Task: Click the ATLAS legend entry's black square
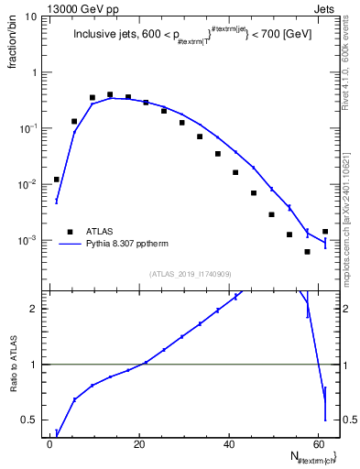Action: [68, 232]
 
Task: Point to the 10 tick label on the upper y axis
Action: [31, 16]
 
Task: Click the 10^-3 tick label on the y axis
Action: [30, 241]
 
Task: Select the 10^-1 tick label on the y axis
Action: [30, 129]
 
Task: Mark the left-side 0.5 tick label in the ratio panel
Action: [32, 420]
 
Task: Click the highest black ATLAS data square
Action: [110, 94]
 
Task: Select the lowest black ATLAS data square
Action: [307, 252]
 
